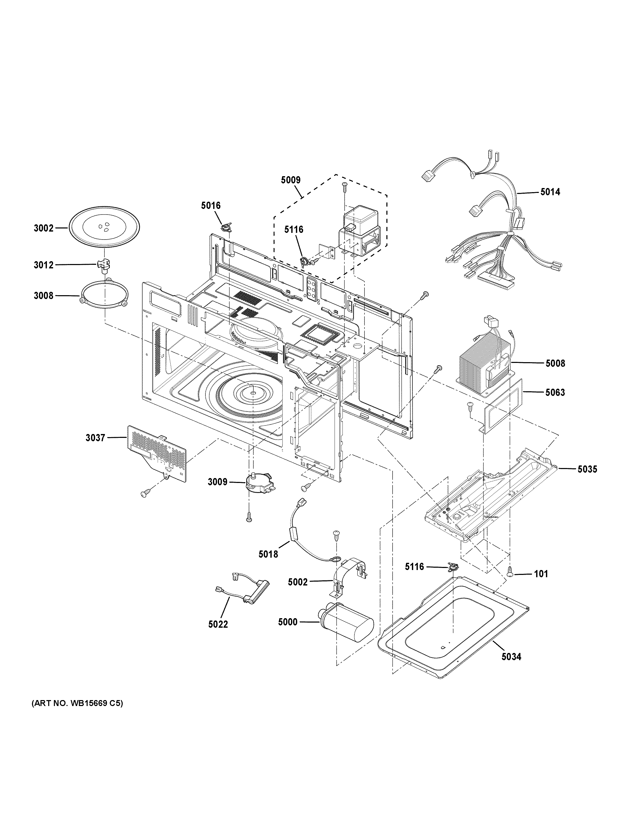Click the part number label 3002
pos(44,228)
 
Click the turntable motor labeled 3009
pos(258,482)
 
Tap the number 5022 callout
pos(218,624)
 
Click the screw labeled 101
pos(541,574)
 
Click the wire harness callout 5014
pos(550,192)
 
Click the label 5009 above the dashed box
pos(290,180)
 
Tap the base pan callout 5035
pos(587,469)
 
